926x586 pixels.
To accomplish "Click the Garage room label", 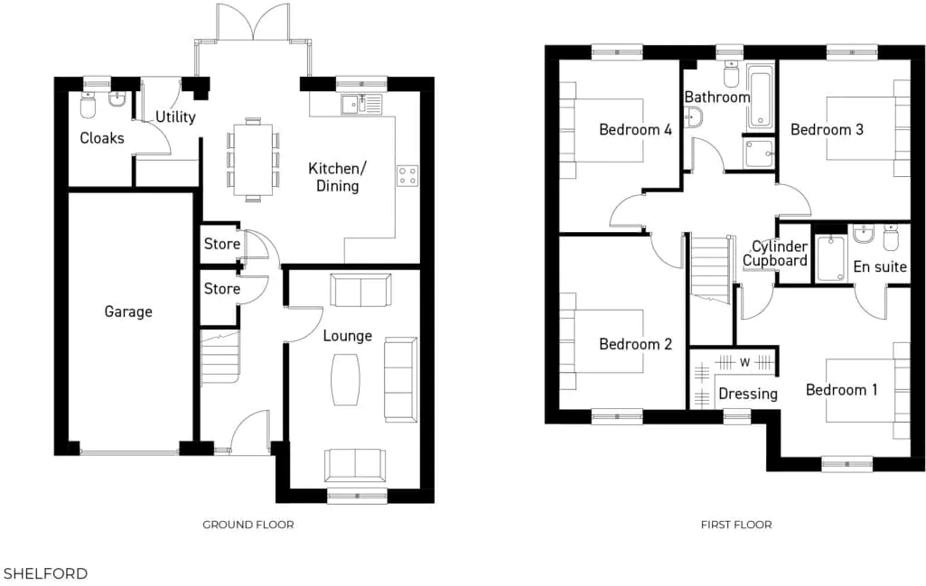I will [x=128, y=312].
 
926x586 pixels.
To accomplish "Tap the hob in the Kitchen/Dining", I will [x=407, y=175].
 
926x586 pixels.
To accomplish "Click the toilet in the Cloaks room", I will [x=88, y=107].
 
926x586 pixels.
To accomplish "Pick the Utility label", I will [x=175, y=117].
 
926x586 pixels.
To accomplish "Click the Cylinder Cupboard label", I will [x=774, y=254].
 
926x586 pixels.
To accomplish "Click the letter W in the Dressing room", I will [x=745, y=362].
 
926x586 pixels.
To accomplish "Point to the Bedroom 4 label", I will [x=635, y=129].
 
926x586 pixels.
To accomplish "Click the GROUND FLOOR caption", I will [x=248, y=525].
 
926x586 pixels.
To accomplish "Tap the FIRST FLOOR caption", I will [x=736, y=525].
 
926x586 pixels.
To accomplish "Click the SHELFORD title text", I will [x=45, y=573].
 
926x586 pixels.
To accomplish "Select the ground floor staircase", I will [x=220, y=358].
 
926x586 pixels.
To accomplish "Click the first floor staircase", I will [x=710, y=266].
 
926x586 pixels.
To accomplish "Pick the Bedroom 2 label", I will [x=635, y=344].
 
